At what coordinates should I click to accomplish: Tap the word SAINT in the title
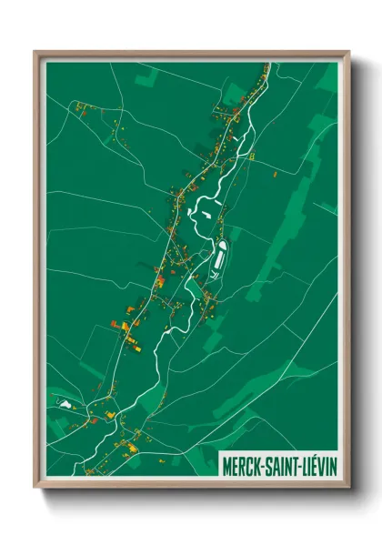[281, 460]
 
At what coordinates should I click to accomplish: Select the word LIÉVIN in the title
[318, 460]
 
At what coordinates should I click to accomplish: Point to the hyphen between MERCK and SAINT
[263, 461]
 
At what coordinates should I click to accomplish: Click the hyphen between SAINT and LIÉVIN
[299, 461]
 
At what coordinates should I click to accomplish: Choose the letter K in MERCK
[257, 460]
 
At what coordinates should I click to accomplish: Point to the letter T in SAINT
[294, 460]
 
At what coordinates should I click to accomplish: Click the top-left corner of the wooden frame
[35, 52]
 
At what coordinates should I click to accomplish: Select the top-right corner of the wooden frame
[349, 52]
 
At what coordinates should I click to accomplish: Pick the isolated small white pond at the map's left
[63, 400]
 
